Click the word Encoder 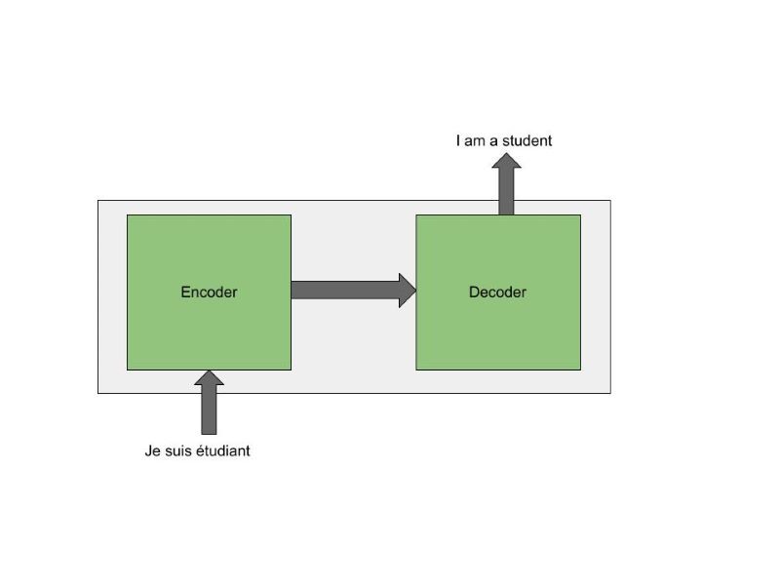(x=209, y=292)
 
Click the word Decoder (x=497, y=292)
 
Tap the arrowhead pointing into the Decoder (x=408, y=291)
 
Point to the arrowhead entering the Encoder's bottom (x=209, y=378)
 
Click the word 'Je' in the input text (x=152, y=450)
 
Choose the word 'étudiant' (x=223, y=450)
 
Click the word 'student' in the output (x=527, y=140)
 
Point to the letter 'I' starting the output (x=458, y=140)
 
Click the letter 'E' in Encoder (x=185, y=292)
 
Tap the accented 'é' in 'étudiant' (x=200, y=450)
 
